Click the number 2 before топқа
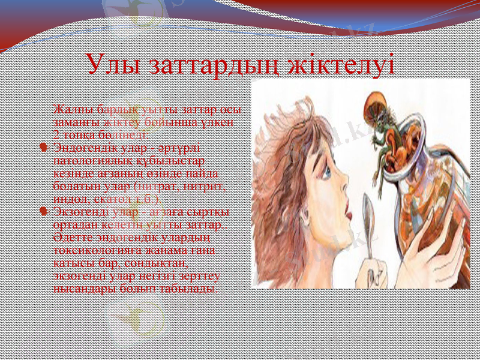click(x=56, y=134)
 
